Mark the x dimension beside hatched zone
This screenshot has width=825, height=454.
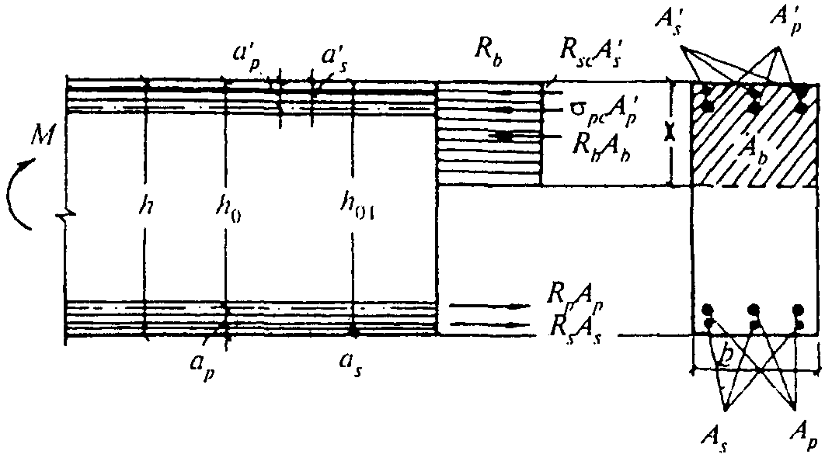[670, 134]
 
